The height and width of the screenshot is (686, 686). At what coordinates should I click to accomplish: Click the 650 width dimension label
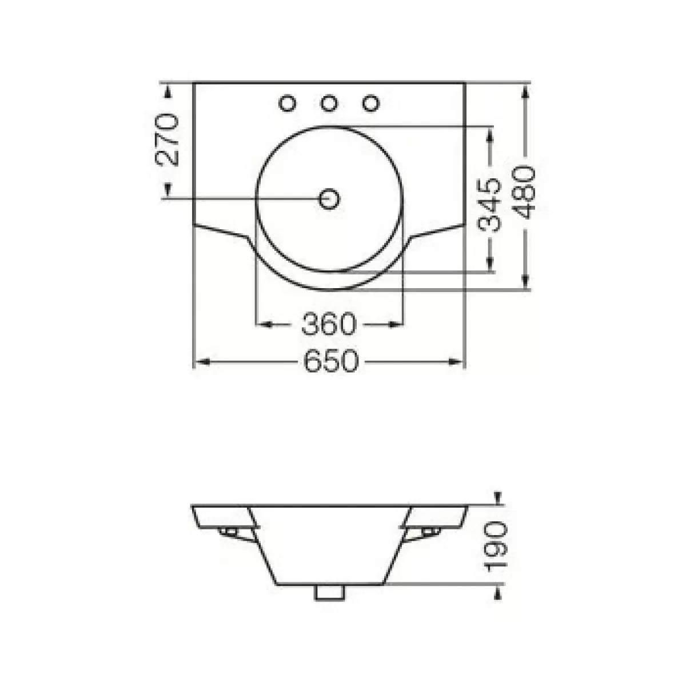point(330,361)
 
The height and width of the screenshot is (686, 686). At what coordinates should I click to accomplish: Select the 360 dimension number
point(329,325)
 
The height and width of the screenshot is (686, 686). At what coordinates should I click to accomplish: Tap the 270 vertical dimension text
point(167,139)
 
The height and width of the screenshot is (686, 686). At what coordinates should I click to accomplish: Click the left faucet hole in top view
point(288,103)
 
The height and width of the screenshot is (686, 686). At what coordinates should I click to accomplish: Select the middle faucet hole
point(329,103)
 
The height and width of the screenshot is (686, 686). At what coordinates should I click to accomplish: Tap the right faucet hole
point(371,103)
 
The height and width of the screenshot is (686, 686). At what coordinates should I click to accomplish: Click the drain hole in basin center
point(329,199)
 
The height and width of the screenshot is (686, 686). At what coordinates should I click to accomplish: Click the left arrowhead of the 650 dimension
point(201,361)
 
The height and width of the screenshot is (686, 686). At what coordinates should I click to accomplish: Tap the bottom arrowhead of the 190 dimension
point(498,592)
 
